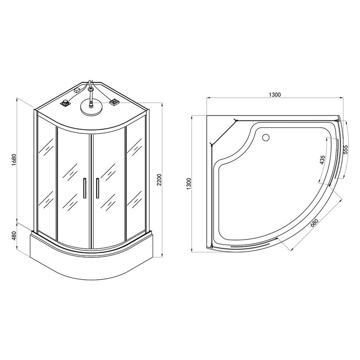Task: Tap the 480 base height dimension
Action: pyautogui.click(x=14, y=236)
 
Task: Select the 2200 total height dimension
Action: pyautogui.click(x=159, y=180)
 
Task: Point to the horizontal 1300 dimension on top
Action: pyautogui.click(x=275, y=95)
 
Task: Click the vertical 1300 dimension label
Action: pyautogui.click(x=189, y=184)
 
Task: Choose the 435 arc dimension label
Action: pyautogui.click(x=322, y=160)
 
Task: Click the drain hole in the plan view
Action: pyautogui.click(x=266, y=138)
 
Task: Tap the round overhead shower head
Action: pyautogui.click(x=91, y=107)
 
